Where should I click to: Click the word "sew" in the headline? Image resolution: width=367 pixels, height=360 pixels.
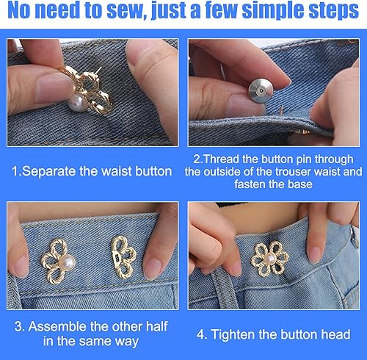point(126,10)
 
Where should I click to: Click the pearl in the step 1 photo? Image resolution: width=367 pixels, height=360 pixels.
point(78,103)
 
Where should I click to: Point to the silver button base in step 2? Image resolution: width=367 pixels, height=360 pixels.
point(261,90)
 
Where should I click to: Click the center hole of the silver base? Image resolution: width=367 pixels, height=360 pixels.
point(261,91)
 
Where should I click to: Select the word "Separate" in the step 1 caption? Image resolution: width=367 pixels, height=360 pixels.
point(48,171)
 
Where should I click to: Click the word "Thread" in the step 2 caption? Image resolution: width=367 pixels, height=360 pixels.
point(221,159)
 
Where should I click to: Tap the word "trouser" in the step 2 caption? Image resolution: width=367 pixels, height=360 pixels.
point(290,171)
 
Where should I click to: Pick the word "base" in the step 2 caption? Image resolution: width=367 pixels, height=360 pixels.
point(300,184)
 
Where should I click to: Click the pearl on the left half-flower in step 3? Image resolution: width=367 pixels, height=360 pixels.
point(67,263)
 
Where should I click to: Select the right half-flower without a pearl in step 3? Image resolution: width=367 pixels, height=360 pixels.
point(123,257)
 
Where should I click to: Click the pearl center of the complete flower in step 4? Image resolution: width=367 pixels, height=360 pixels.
point(270,259)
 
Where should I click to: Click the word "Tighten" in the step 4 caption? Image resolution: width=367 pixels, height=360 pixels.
point(232,334)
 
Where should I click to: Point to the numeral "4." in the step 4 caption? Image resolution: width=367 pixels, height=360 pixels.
point(202,335)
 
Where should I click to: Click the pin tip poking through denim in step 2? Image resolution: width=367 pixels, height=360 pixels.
point(282,109)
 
